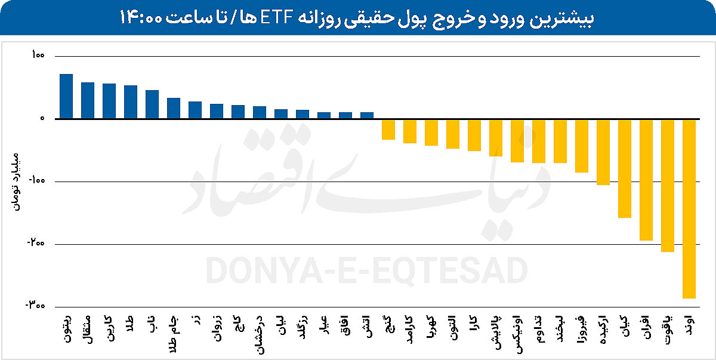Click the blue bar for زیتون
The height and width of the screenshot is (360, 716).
(66, 96)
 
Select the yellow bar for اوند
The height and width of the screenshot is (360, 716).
(689, 208)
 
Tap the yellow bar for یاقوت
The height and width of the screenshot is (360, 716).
(668, 185)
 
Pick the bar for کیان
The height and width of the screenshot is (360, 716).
(625, 168)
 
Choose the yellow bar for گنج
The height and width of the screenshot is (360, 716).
(388, 129)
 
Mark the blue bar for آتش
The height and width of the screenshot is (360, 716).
(367, 115)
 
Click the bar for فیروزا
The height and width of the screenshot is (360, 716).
(582, 146)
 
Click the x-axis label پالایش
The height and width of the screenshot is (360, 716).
(496, 328)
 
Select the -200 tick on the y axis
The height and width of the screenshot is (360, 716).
(35, 244)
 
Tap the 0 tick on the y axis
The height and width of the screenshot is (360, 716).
(42, 119)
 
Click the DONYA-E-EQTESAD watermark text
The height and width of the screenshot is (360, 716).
(367, 270)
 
